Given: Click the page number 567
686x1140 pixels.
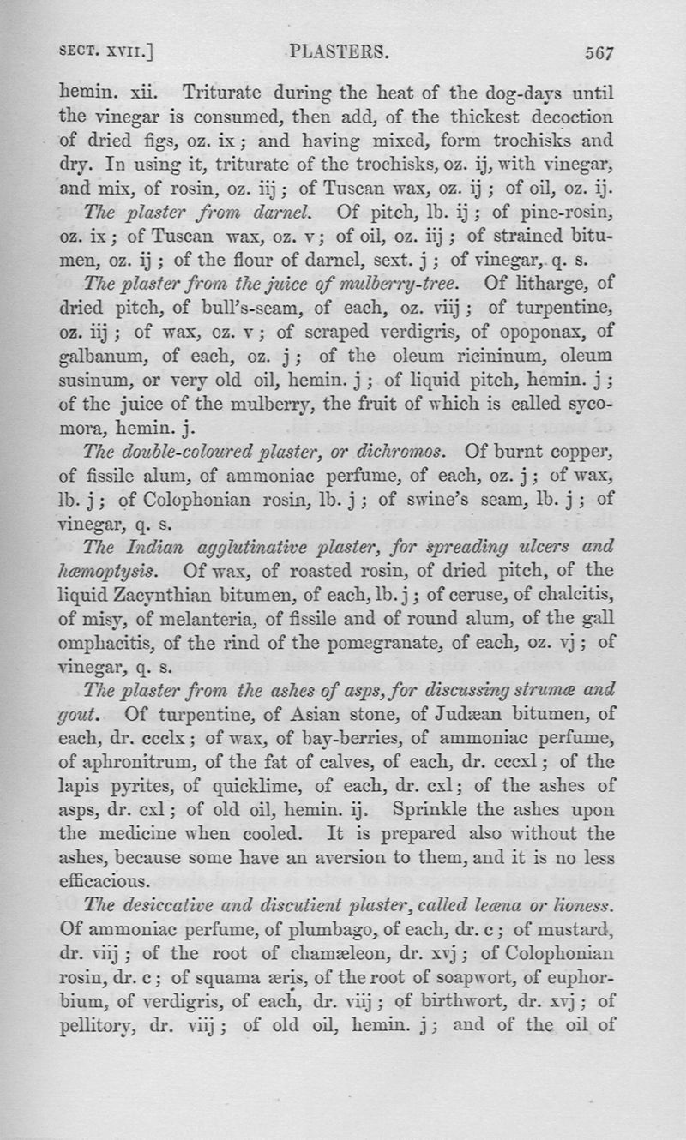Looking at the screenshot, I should [600, 52].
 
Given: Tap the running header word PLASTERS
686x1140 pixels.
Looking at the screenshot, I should [340, 51].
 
